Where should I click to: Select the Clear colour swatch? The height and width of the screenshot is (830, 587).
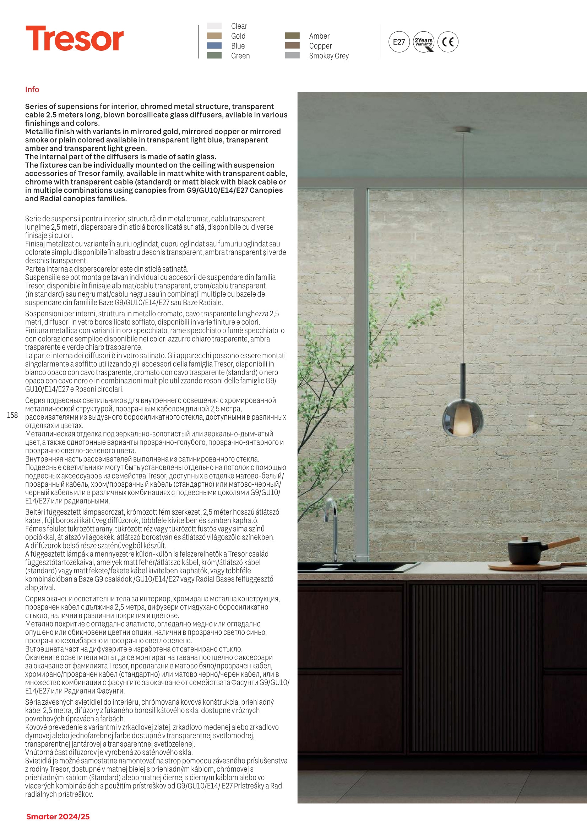(214, 26)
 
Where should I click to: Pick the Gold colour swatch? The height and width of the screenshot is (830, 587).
(214, 36)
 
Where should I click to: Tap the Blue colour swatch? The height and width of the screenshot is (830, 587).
(214, 45)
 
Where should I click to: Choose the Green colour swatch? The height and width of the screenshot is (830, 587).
(214, 55)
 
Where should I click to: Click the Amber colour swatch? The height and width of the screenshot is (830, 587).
(292, 36)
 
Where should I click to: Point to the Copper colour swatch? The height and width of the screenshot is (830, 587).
(292, 45)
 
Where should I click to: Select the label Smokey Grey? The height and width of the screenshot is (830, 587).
(328, 56)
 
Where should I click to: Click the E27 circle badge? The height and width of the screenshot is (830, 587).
(399, 42)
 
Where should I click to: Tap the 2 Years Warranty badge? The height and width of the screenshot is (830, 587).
(424, 42)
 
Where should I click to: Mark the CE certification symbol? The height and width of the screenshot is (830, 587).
(448, 42)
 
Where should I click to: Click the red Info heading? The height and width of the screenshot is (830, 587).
(32, 90)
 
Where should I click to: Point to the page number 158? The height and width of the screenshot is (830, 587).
(12, 415)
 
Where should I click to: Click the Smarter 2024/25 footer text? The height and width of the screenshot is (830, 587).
(58, 817)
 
